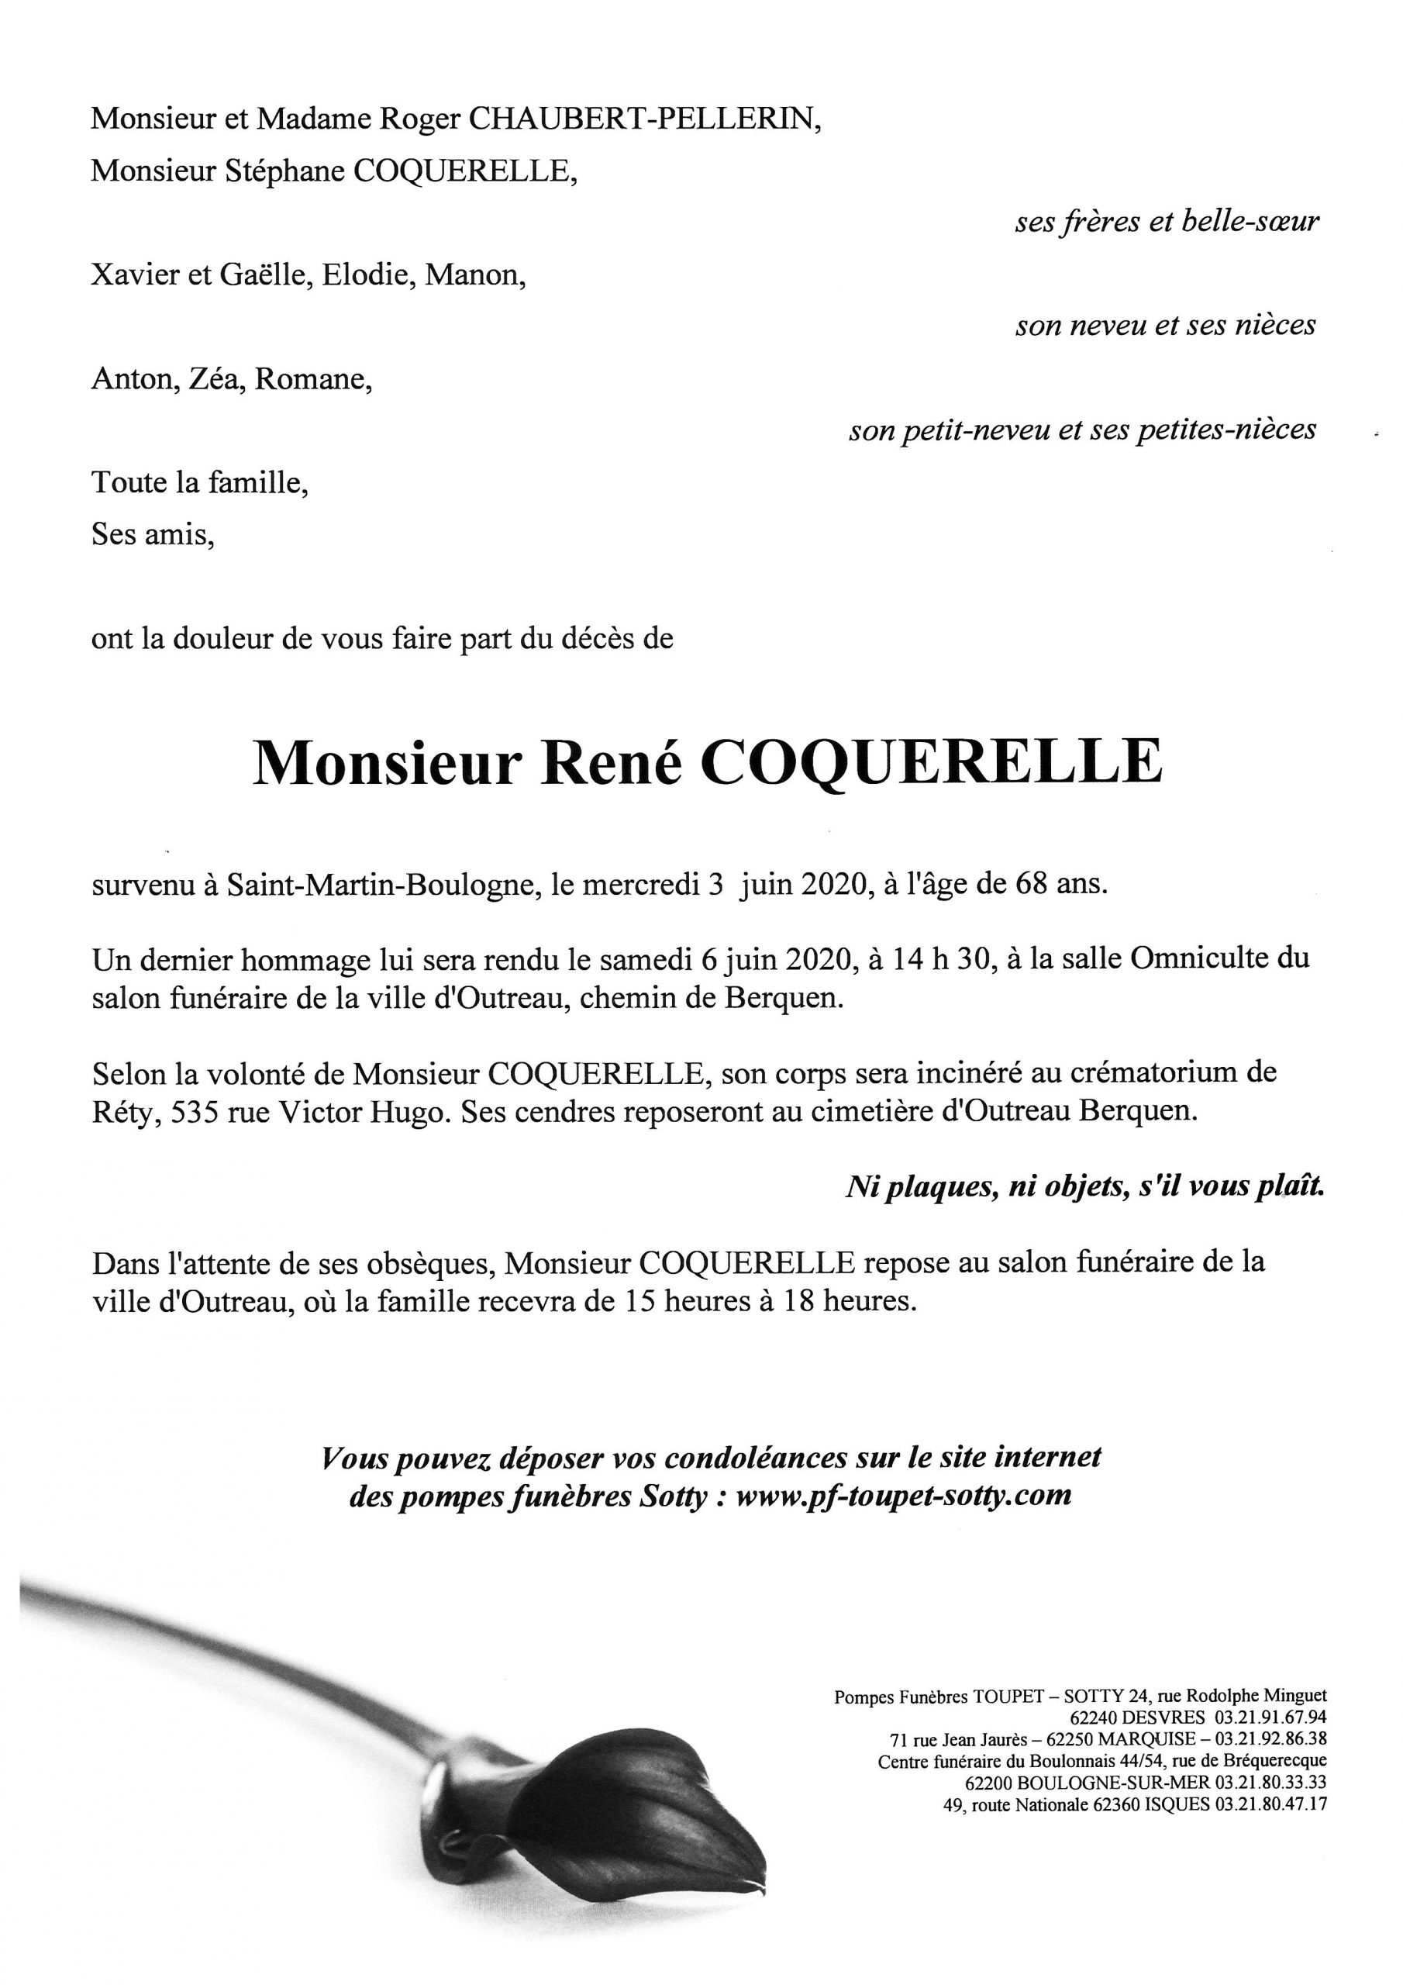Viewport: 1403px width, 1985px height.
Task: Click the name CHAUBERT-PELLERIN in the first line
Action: pyautogui.click(x=644, y=119)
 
